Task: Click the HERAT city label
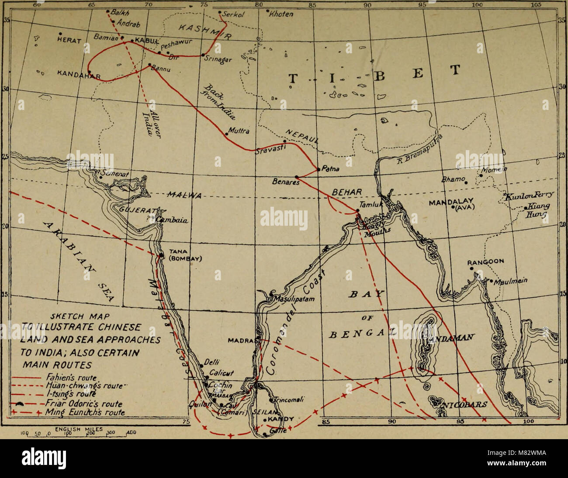coord(69,40)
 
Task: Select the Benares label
coord(286,182)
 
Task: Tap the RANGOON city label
coord(486,262)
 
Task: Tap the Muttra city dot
coord(226,134)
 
